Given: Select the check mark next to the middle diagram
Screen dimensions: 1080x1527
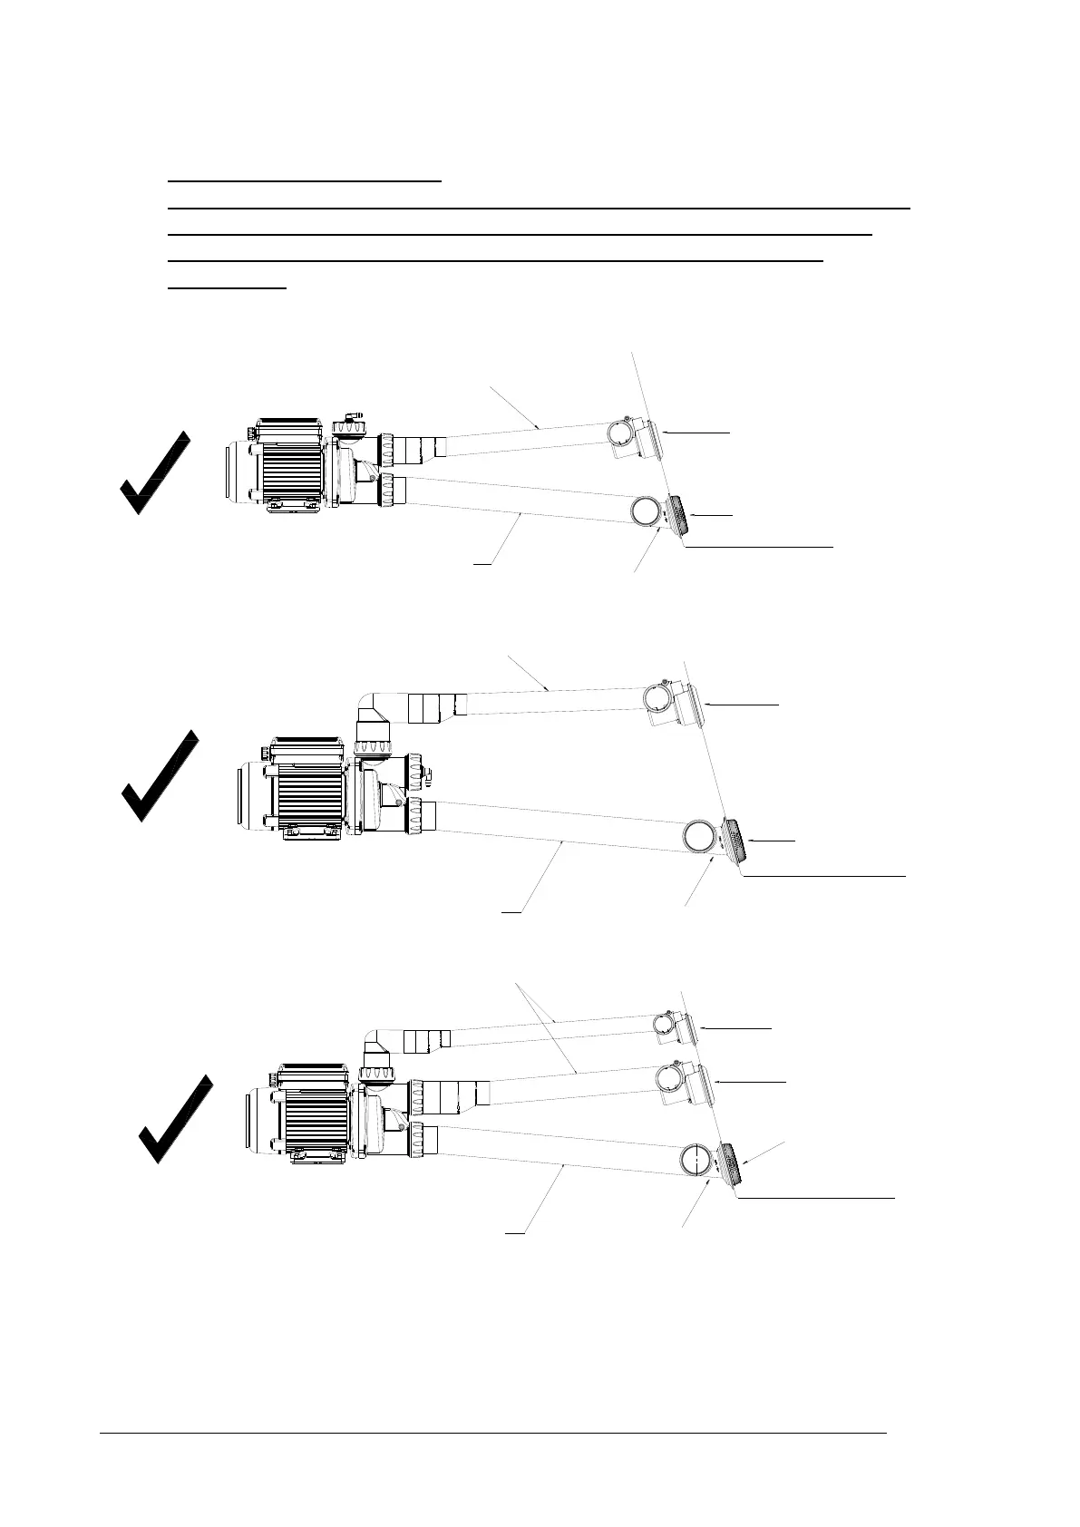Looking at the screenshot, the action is pos(159,776).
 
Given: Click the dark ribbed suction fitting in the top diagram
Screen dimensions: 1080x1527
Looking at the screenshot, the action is pos(676,515).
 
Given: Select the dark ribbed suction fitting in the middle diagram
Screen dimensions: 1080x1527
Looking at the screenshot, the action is pos(735,841).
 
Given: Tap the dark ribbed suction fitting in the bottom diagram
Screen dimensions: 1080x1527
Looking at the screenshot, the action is pos(731,1162).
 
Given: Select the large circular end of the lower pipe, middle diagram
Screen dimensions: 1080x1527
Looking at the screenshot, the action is pos(699,835).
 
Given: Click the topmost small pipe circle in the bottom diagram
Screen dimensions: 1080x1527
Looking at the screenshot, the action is pos(668,1024).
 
